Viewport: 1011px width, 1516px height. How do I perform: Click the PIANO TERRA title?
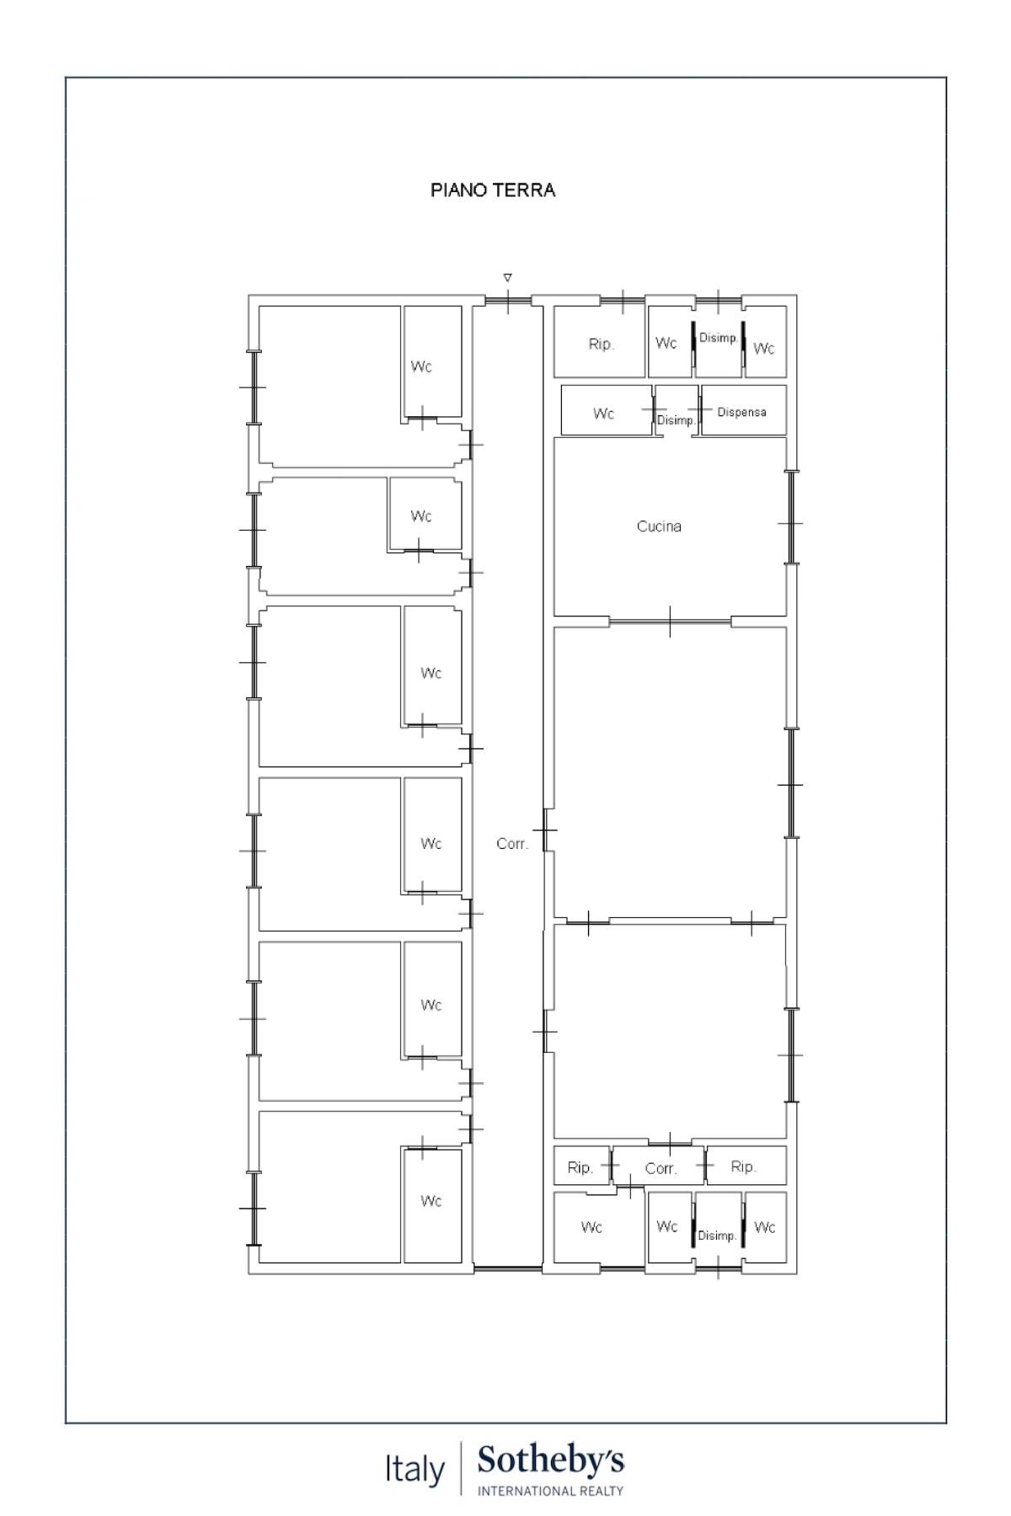[493, 190]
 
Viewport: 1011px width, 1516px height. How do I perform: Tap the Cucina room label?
[659, 526]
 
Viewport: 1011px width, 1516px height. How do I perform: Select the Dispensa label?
[741, 412]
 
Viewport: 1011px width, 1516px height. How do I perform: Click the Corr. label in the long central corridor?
[512, 843]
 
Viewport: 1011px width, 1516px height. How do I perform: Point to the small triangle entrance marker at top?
[507, 277]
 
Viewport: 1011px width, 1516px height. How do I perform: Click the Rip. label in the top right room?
[602, 344]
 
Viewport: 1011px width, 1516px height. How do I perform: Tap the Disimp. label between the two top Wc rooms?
[719, 337]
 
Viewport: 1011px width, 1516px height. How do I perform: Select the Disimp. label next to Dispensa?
[676, 419]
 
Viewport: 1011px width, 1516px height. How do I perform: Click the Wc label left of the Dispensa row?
[603, 414]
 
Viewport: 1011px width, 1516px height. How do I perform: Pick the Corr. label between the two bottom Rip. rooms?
[661, 1168]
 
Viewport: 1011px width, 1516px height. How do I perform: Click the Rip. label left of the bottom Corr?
[580, 1167]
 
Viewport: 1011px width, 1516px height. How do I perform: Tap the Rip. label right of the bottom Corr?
[743, 1166]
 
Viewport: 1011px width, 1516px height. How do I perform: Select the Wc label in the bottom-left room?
[431, 1201]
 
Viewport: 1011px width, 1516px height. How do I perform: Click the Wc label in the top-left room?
[421, 366]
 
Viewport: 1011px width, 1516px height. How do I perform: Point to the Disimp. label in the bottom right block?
[717, 1235]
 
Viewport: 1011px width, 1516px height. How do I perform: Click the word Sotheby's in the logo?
[551, 1461]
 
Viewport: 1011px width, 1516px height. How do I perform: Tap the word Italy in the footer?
[415, 1469]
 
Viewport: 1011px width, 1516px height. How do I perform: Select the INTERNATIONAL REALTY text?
[551, 1491]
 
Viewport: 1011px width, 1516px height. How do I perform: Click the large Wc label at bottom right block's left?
[591, 1227]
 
